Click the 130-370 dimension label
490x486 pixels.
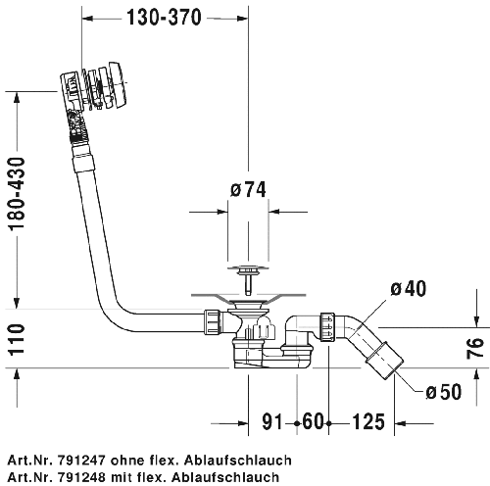pos(164,18)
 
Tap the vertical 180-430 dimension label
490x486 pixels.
pos(17,194)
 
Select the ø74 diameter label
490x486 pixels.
pos(248,189)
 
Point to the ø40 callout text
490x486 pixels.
pos(409,288)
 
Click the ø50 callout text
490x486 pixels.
pos(444,392)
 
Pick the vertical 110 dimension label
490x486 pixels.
pos(17,340)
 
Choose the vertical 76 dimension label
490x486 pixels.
pos(474,348)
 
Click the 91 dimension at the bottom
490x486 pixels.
pos(271,421)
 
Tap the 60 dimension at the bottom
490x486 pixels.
pos(313,421)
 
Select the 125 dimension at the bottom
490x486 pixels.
pos(368,421)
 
